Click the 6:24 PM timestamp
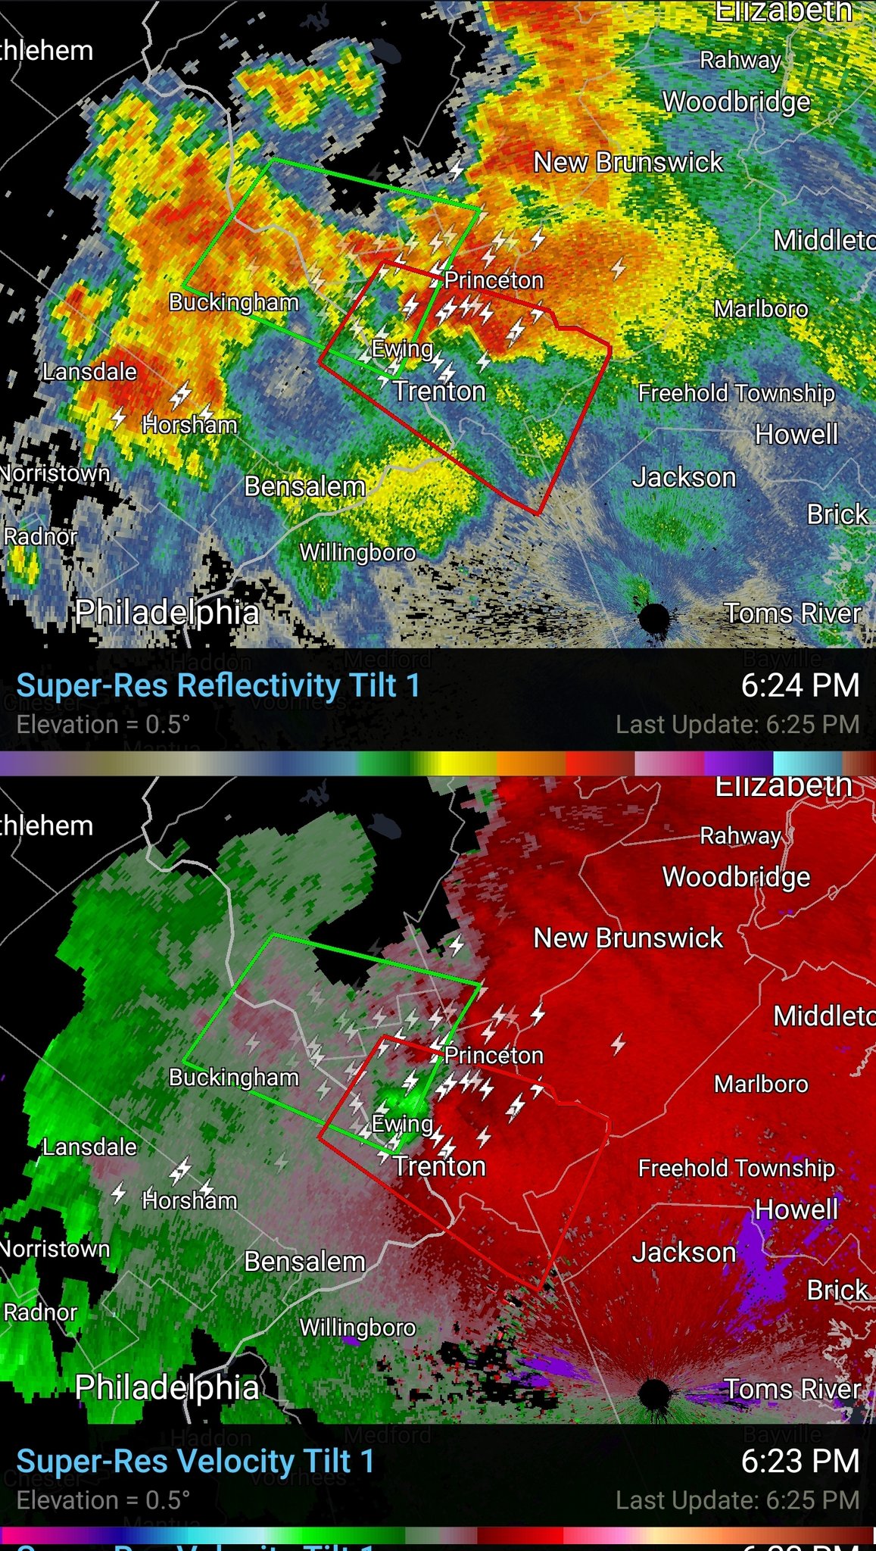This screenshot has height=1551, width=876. pos(800,685)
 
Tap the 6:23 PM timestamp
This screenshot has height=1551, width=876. pos(800,1461)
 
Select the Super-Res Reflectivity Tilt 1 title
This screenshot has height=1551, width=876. pos(218,685)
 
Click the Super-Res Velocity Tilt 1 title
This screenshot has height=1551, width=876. pos(195,1461)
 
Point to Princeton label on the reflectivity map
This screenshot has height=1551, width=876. pos(494,280)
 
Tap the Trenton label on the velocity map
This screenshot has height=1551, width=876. pos(439,1166)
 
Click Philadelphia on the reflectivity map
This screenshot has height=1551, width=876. pos(167,612)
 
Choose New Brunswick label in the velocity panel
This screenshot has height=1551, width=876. pos(628,938)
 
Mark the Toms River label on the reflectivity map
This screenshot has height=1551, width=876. pos(792,613)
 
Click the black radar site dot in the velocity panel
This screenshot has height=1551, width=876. pos(653,1392)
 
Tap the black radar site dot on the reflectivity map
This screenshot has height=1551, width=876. pos(653,618)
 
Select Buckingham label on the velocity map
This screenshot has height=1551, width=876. pos(233,1077)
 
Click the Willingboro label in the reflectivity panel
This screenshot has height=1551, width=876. pos(357,552)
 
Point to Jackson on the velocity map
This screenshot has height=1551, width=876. pos(684,1253)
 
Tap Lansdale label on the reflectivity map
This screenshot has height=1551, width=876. pos(89,372)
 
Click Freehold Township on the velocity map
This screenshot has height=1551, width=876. pos(736,1168)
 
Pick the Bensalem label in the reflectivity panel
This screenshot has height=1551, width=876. pos(304,486)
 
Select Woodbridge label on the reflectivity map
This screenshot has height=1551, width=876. pos(736,101)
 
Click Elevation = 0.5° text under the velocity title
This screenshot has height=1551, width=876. pos(103,1500)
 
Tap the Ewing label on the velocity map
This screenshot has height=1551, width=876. pos(402,1124)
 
